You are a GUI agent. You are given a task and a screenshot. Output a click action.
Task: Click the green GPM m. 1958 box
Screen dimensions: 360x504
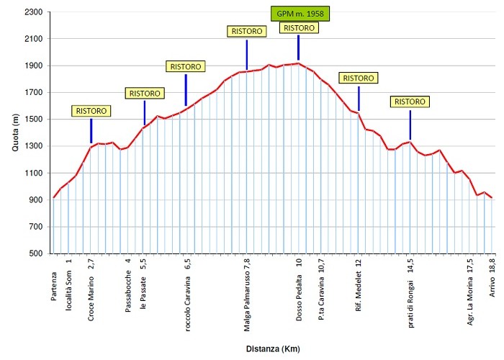tap(299, 14)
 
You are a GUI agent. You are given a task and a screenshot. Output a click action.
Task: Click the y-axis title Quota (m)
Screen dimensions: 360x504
tap(16, 133)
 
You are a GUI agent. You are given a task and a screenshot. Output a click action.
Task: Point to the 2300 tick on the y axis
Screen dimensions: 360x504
tap(33, 12)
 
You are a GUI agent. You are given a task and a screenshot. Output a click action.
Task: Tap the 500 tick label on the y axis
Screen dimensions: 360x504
tap(36, 253)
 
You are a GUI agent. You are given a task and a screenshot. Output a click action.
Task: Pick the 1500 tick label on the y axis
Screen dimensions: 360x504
tap(33, 120)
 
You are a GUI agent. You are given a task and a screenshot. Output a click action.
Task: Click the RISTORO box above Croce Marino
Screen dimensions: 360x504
tap(91, 111)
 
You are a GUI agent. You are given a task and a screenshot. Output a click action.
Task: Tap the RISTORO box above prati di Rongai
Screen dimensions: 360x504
tap(410, 102)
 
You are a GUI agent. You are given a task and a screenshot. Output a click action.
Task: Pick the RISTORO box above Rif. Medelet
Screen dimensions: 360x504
tap(359, 78)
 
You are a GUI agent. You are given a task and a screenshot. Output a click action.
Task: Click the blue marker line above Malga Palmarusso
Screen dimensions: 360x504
tap(246, 55)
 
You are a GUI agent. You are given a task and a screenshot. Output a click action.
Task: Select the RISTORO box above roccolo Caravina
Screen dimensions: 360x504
tap(186, 66)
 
